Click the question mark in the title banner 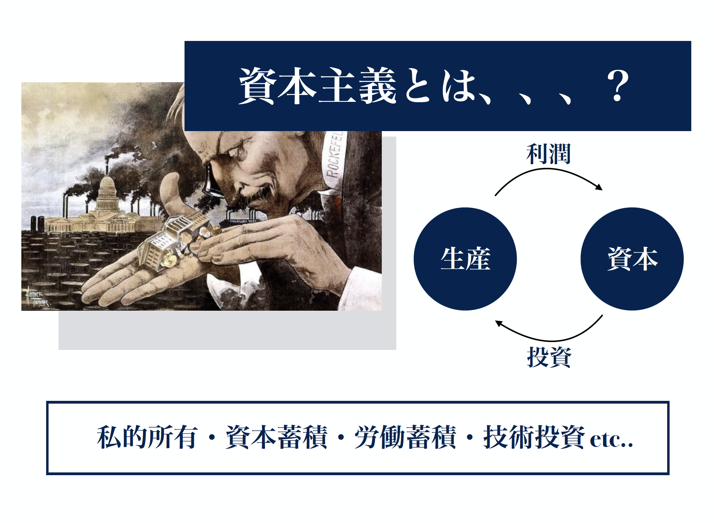coord(618,86)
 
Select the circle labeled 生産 coord(465,259)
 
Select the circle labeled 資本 coord(632,259)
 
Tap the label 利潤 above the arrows coord(548,154)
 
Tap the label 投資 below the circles coord(549,357)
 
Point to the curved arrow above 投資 coord(549,335)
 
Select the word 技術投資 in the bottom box coord(534,437)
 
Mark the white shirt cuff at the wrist coord(224,289)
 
